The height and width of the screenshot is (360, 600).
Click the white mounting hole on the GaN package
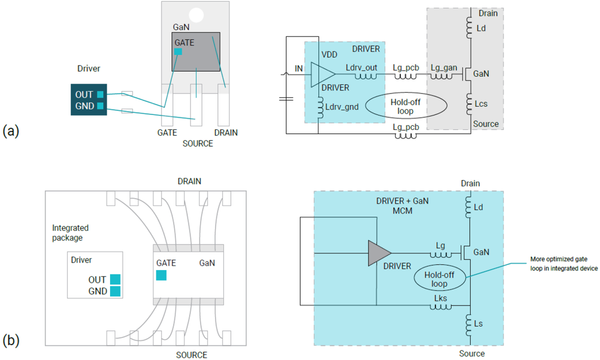point(196,15)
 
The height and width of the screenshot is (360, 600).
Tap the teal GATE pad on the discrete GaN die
point(178,52)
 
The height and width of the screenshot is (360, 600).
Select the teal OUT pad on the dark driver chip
point(101,94)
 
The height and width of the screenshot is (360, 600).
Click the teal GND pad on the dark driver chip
point(101,106)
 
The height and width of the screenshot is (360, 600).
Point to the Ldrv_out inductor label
point(362,67)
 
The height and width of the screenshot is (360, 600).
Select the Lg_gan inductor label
point(444,67)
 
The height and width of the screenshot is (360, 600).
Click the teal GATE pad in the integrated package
point(161,274)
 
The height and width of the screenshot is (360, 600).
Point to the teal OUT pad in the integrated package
point(115,279)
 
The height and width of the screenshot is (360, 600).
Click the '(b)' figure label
point(11,340)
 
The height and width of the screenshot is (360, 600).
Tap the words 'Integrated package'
point(71,233)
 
